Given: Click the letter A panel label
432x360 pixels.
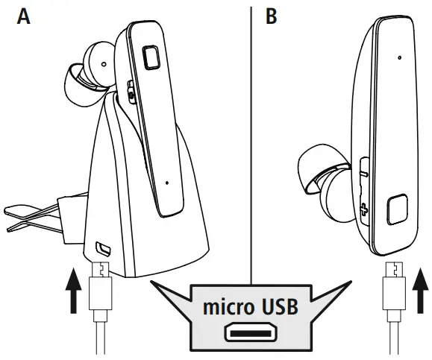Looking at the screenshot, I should click(24, 16).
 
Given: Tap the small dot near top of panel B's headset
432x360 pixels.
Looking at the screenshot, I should click(400, 57).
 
